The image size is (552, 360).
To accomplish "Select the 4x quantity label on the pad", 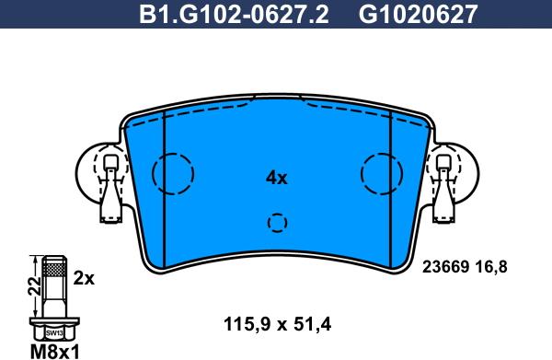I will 276,178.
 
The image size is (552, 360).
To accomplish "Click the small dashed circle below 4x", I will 277,223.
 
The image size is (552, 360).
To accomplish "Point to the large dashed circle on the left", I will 173,172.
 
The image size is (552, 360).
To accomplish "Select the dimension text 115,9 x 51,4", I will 277,323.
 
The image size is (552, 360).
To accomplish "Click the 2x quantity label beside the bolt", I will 85,277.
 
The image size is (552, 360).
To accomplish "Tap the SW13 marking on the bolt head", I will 54,331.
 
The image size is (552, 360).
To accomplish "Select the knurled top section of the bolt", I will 54,270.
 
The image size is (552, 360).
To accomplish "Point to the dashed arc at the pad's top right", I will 359,110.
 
